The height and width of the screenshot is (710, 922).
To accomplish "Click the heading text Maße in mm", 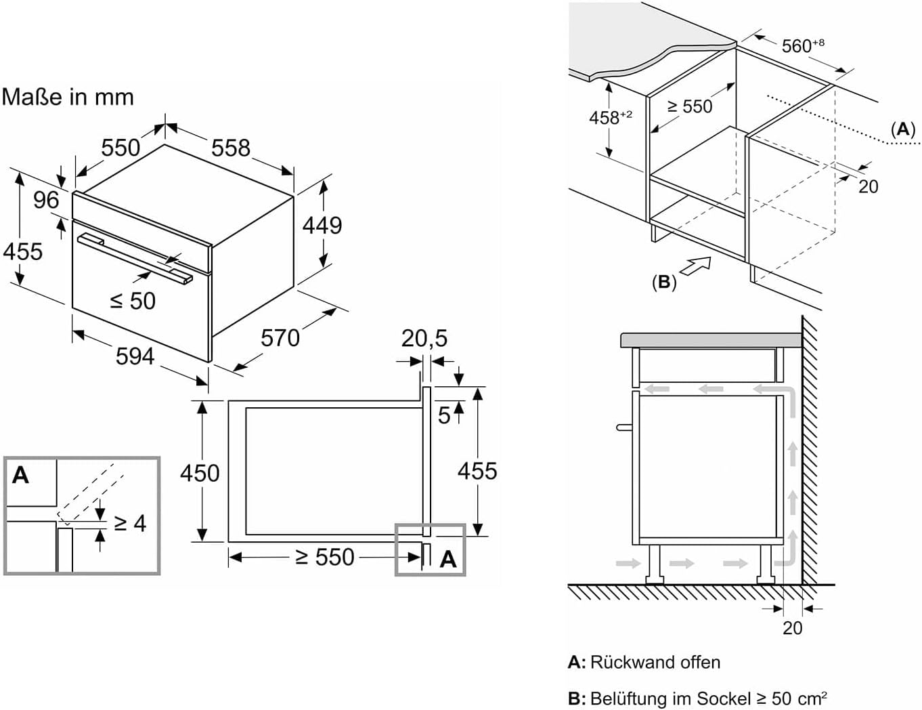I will (x=68, y=97).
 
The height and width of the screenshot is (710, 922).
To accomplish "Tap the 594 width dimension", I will (x=135, y=356).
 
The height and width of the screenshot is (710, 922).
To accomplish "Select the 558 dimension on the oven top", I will (x=230, y=148).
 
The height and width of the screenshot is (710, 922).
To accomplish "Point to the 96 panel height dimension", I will (x=46, y=200).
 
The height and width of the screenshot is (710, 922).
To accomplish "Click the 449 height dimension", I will (x=322, y=225).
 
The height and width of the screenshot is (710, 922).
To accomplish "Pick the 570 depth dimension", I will (x=280, y=337).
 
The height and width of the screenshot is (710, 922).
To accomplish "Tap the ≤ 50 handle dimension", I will (x=133, y=301).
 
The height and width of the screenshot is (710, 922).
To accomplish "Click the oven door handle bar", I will (x=135, y=257).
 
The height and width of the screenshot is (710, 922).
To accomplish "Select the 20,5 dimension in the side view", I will (x=424, y=338).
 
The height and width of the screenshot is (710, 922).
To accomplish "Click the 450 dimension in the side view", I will (x=200, y=473).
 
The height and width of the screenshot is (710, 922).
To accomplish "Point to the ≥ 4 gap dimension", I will (x=129, y=523).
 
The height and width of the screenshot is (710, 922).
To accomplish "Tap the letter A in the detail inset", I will (x=21, y=476).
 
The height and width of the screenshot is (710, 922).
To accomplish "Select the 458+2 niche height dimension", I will (x=610, y=117).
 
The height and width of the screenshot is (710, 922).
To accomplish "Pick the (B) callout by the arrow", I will (x=663, y=282).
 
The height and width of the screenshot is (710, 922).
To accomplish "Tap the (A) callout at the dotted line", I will (x=902, y=129).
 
